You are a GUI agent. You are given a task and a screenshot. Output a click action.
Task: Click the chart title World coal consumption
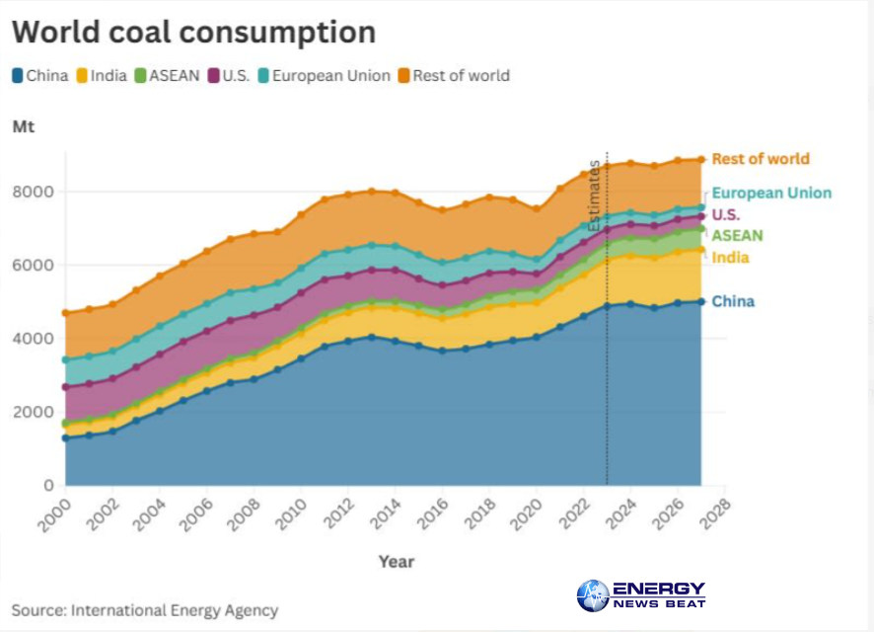click(x=193, y=32)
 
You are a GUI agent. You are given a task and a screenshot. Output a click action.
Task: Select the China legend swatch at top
click(x=18, y=75)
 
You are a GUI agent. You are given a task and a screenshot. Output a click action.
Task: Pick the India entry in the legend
click(x=103, y=75)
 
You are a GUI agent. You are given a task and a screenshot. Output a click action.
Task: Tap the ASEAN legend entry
click(x=167, y=75)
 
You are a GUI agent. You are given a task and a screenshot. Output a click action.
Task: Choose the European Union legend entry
click(x=318, y=75)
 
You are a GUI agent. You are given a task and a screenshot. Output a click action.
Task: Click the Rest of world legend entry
click(x=454, y=75)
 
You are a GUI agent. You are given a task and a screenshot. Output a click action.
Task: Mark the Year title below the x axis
click(x=397, y=561)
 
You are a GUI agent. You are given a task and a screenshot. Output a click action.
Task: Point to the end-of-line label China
click(x=733, y=301)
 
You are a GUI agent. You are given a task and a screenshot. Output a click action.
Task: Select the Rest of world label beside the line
click(x=760, y=158)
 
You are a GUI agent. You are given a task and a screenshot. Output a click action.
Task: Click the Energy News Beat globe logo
click(x=593, y=595)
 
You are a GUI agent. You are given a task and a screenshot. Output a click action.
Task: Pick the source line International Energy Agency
click(x=145, y=610)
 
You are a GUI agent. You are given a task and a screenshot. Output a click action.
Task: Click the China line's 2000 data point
click(x=66, y=437)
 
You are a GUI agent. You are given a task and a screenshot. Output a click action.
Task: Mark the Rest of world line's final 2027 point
click(x=701, y=159)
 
